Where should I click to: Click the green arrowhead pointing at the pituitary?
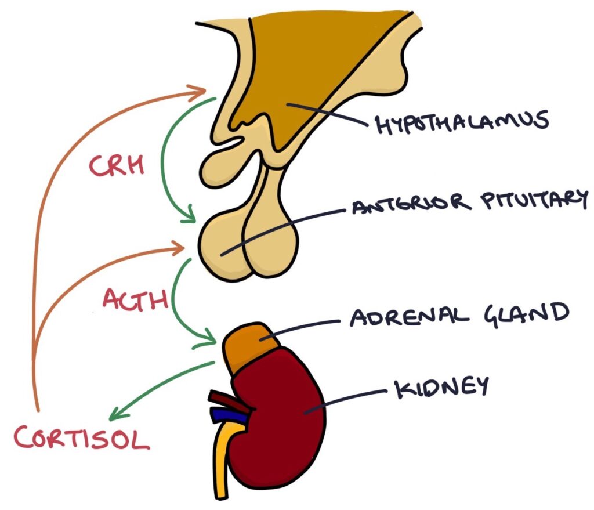[189, 219]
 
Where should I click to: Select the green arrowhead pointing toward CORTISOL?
[116, 414]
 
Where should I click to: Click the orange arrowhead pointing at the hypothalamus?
[200, 91]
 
